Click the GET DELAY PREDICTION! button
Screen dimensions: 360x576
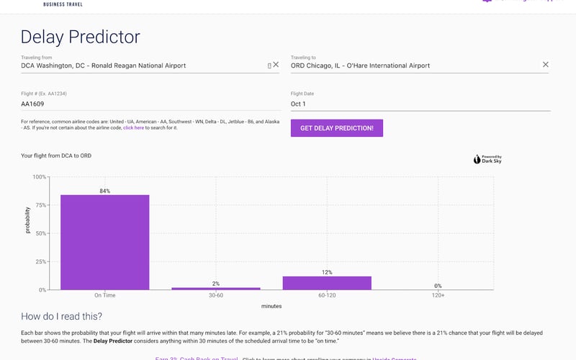click(337, 128)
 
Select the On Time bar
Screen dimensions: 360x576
click(104, 242)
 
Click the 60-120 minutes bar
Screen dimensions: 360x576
click(327, 283)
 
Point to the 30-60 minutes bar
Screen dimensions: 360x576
click(216, 288)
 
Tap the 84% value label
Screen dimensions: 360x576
click(105, 191)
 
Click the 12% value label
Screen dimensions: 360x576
click(327, 272)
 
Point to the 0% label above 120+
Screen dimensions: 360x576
click(438, 286)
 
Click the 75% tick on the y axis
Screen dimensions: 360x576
click(40, 205)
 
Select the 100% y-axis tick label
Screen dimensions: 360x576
click(39, 177)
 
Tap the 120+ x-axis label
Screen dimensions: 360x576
click(438, 295)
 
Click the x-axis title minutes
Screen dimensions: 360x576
click(271, 306)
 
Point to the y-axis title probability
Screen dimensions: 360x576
click(28, 220)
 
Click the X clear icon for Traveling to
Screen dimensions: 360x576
click(545, 65)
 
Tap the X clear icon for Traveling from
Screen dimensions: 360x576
click(276, 65)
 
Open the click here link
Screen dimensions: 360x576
click(134, 127)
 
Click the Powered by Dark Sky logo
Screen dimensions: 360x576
click(487, 159)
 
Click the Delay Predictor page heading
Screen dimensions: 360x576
click(81, 37)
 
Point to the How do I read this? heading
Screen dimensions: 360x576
click(61, 316)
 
